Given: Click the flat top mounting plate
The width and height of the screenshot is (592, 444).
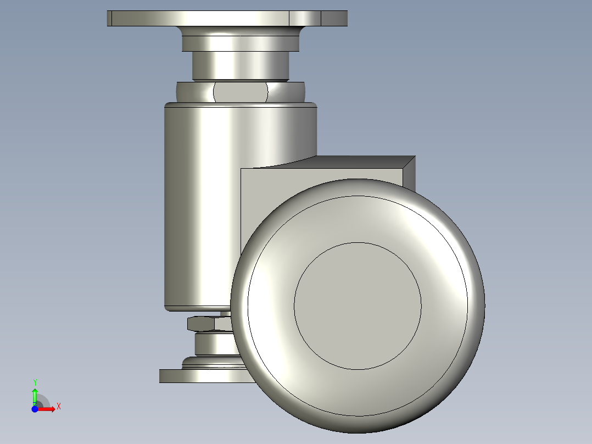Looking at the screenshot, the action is click(x=227, y=18).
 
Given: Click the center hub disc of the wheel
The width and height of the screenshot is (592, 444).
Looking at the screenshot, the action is click(x=358, y=306).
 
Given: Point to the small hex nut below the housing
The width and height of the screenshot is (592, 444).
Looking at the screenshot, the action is click(x=210, y=324).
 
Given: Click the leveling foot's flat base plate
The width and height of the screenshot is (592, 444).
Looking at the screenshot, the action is click(x=204, y=376).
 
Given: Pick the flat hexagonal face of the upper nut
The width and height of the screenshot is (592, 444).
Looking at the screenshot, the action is click(x=241, y=92).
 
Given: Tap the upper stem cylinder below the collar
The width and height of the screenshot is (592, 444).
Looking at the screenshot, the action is click(x=241, y=65).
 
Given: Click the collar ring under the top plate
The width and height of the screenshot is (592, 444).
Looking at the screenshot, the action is click(x=241, y=43).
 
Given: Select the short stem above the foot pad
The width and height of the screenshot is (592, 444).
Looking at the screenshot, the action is click(x=215, y=344).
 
